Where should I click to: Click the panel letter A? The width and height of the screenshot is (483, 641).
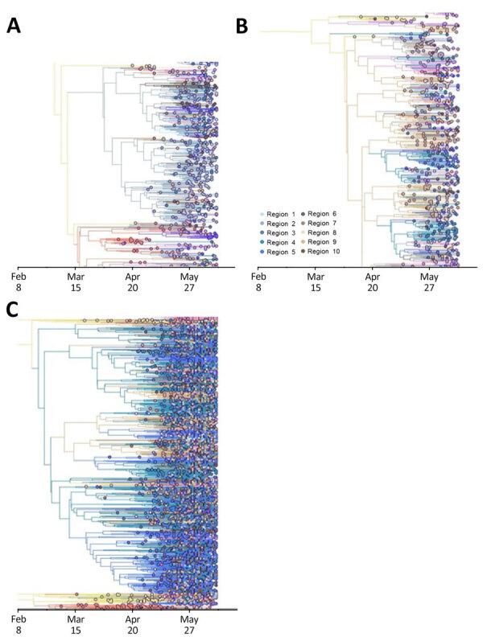[14, 26]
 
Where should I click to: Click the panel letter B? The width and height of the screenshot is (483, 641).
[241, 26]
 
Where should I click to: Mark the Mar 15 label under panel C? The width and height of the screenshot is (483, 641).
[76, 626]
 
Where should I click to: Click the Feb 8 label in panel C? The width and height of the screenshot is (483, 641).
[18, 626]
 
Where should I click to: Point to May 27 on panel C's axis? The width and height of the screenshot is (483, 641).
[189, 626]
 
